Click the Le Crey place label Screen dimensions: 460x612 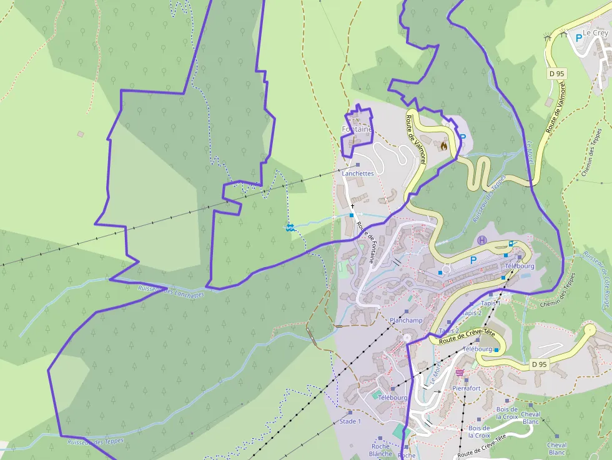(x=595, y=32)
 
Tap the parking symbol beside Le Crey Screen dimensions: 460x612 (x=578, y=37)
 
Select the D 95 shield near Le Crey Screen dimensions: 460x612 (x=556, y=74)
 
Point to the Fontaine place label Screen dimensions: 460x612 (x=357, y=129)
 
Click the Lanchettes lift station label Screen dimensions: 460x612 (x=358, y=173)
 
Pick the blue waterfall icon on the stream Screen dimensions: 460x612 (x=290, y=227)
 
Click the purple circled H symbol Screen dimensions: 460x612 (x=481, y=240)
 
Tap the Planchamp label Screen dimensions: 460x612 (x=406, y=320)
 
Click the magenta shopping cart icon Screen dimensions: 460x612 (x=460, y=373)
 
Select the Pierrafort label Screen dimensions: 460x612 (x=466, y=388)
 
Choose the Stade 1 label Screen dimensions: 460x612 (x=350, y=421)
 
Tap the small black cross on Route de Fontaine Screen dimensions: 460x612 (x=352, y=205)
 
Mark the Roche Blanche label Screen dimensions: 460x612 (x=381, y=450)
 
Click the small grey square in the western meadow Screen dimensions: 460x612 (x=81, y=134)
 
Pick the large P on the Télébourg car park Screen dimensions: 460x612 (x=473, y=260)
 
